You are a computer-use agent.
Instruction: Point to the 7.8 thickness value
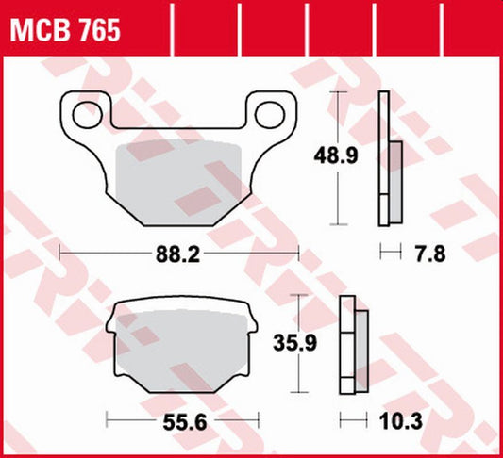[x=429, y=252]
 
